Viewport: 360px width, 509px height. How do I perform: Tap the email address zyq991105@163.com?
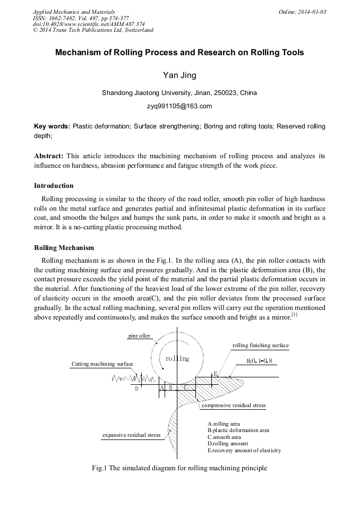(x=179, y=106)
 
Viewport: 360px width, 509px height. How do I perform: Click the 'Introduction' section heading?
(x=54, y=186)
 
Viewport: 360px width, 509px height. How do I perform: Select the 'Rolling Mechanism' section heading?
(x=64, y=247)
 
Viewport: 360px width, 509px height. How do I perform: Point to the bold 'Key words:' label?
(x=52, y=127)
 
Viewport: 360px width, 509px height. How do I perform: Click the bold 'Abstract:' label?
(x=49, y=156)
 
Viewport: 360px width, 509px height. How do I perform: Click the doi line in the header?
(x=89, y=24)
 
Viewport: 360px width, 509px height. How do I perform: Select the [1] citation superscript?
(x=294, y=315)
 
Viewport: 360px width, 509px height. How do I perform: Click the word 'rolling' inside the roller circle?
(x=177, y=359)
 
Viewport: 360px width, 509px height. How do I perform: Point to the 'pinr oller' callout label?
(x=139, y=336)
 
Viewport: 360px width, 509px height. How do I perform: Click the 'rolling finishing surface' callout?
(x=260, y=346)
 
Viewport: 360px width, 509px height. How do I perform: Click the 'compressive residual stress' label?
(x=233, y=406)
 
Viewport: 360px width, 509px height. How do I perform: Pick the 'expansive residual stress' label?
(x=131, y=435)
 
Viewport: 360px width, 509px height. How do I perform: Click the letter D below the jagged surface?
(x=136, y=389)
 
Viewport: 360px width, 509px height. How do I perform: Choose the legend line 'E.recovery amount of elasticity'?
(x=244, y=450)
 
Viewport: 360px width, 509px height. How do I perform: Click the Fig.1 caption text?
(x=179, y=468)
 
